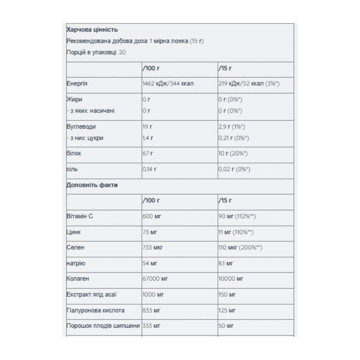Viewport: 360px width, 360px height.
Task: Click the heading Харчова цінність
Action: coord(93,30)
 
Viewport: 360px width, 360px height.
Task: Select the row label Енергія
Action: coord(77,83)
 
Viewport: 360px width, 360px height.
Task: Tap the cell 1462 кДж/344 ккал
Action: coord(168,83)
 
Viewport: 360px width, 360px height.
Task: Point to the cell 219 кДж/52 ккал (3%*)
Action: coord(248,83)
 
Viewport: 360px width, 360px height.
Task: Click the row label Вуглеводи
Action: coord(82,127)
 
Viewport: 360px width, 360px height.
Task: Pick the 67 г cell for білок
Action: coord(148,153)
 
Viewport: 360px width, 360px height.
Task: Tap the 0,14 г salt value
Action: coord(150,169)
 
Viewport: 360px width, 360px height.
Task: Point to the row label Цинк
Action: coord(75,232)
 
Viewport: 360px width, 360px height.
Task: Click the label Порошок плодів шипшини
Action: coord(103,326)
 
